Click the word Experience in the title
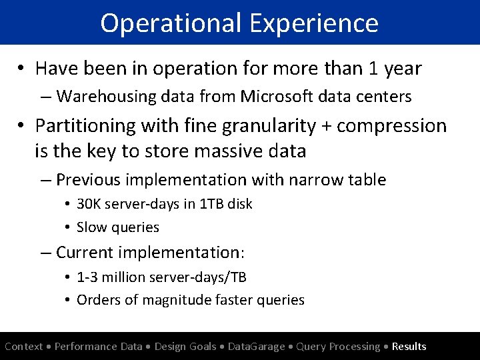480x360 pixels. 315,23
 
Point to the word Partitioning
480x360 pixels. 89,125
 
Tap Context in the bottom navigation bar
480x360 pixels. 23,347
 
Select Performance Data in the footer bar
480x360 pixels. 99,347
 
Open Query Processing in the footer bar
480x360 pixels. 338,347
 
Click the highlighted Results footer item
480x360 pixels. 409,347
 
